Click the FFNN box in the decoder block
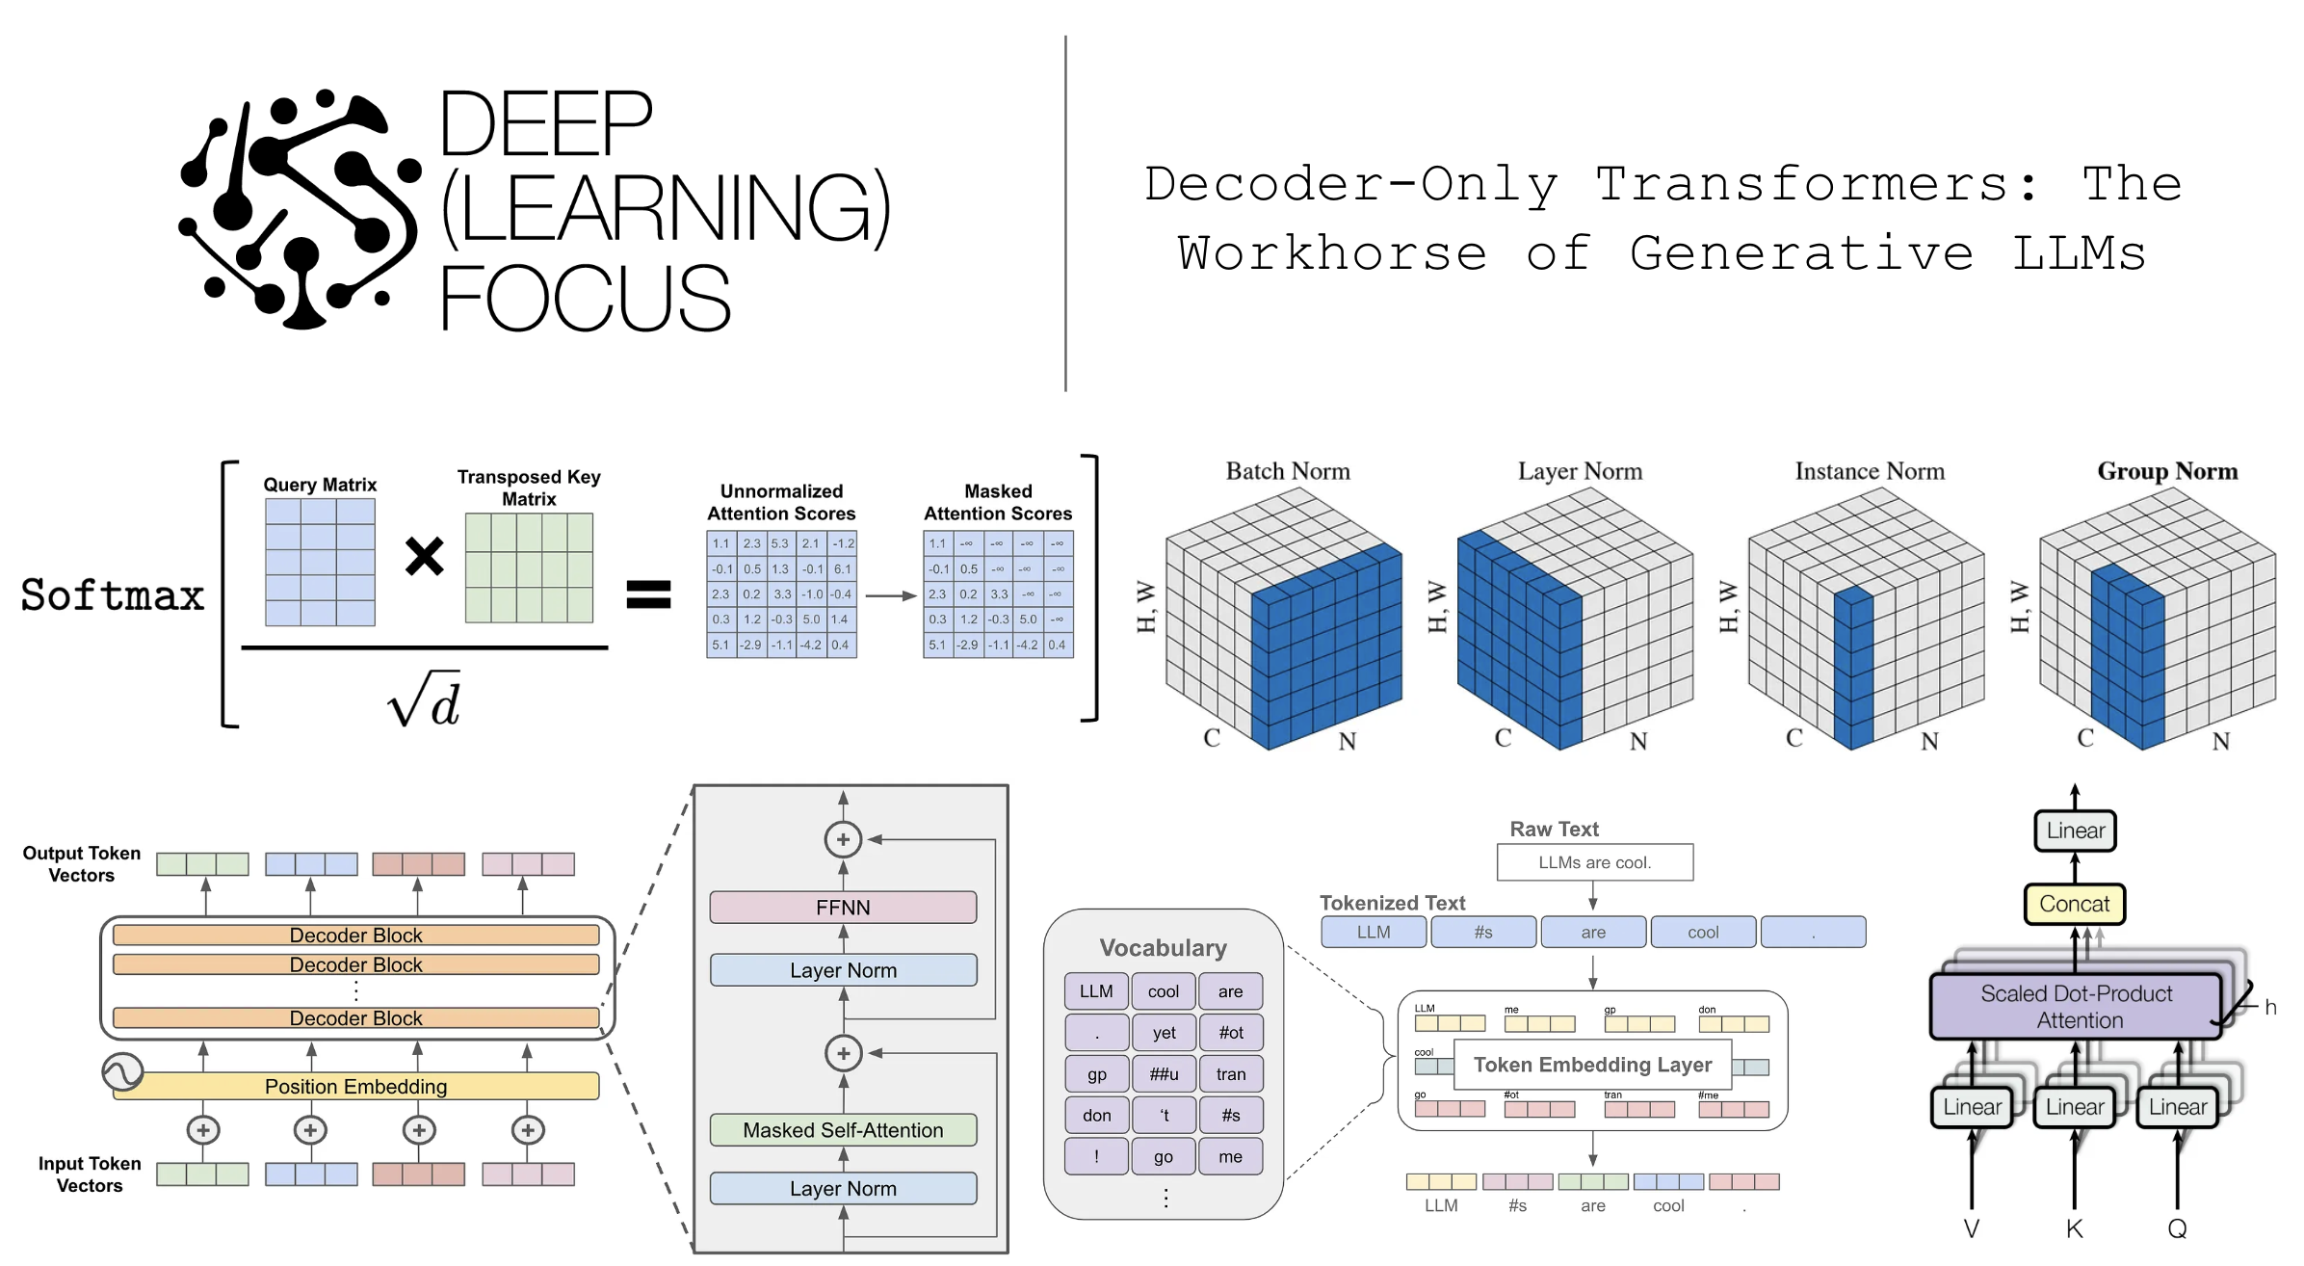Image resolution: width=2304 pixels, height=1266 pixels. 843,908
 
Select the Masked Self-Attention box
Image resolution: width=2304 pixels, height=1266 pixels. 843,1130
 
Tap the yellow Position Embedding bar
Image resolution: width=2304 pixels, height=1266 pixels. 355,1087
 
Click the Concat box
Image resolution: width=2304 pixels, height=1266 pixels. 2074,904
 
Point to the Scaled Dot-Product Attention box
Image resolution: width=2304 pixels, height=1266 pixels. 2076,1007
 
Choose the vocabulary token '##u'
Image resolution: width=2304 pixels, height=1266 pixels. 1164,1074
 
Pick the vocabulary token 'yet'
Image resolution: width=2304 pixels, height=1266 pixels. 1164,1033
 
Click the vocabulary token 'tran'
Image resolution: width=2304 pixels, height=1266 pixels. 1230,1074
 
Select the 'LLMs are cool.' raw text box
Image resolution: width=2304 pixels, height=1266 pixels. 1594,862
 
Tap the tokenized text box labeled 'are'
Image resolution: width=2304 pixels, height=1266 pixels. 1593,933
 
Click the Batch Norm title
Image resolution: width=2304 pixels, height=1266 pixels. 1288,471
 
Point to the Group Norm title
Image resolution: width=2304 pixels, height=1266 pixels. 2167,471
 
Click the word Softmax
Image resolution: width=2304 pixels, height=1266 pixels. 113,595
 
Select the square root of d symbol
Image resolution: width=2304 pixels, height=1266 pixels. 424,700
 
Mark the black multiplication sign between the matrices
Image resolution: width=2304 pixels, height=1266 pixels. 424,556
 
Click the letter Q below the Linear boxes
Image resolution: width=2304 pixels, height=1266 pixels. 2177,1228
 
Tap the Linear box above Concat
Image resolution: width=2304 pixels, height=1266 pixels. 2075,831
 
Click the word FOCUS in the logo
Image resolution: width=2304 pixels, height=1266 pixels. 585,299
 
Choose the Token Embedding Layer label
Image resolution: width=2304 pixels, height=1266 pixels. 1592,1065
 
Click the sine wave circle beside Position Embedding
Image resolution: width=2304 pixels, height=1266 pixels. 122,1071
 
